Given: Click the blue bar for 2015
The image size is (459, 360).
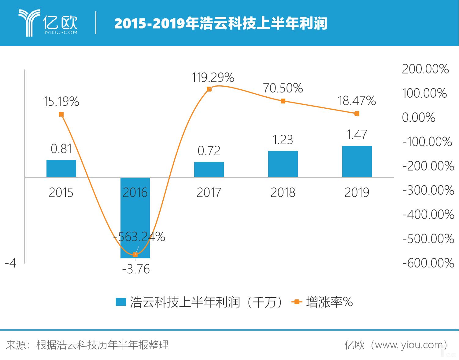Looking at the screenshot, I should pos(61,168).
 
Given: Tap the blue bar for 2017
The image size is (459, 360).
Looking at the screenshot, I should pos(209,170).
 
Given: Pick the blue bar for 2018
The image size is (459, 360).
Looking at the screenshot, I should pos(283,164).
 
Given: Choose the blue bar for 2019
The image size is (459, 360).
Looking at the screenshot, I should pos(357,161).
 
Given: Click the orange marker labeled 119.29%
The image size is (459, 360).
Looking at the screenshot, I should pos(209,89).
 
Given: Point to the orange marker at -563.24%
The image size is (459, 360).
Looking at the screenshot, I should pos(135,255).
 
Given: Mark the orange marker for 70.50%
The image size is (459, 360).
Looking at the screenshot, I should pos(283,101).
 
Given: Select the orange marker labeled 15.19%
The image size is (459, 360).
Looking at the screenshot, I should pos(61,114).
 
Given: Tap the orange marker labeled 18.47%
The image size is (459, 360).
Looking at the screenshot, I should pos(357,114).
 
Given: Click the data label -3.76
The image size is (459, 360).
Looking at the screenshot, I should pos(136,269).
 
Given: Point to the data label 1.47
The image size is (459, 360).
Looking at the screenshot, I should pos(357,135).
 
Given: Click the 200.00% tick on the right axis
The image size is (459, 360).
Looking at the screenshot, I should pos(425,69).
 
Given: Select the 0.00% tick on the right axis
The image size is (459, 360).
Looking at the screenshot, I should pos(418,118).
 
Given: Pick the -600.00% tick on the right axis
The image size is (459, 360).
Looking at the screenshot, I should pos(428,263).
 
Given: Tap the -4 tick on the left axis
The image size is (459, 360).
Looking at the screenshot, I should pos(10,263).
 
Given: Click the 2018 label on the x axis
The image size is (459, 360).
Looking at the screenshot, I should pos(283,193).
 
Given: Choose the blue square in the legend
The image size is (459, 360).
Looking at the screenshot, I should pos(121,302).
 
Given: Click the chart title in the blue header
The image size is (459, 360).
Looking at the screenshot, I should pos(220,24).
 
